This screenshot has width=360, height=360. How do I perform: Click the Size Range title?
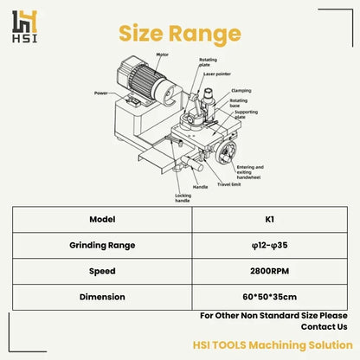(179, 33)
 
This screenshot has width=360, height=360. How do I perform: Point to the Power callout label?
(100, 91)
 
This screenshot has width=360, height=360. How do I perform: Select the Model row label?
(103, 220)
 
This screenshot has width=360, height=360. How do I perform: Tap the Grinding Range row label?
(103, 245)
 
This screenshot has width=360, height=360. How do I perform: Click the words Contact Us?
(324, 327)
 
